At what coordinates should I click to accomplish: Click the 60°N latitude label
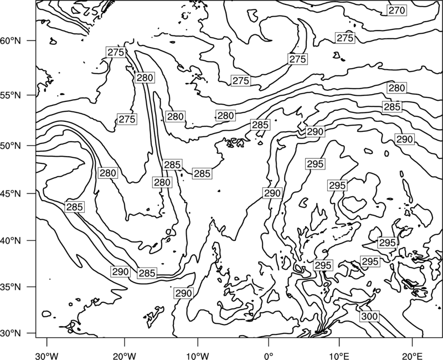11,40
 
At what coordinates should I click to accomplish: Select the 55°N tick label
11,95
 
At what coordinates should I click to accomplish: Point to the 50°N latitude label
11,146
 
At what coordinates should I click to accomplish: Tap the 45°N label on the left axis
11,193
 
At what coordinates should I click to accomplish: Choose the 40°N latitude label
11,241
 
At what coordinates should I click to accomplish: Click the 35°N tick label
11,287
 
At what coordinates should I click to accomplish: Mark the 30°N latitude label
11,333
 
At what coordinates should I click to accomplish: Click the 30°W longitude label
47,356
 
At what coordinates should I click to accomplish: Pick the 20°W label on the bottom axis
124,356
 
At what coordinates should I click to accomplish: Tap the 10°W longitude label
198,356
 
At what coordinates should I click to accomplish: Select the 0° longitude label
269,356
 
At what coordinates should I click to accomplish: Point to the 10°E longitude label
339,356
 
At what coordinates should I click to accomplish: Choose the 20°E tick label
412,356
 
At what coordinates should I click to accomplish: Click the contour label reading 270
396,11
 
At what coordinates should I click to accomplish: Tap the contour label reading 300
369,316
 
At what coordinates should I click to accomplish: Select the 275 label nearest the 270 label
345,38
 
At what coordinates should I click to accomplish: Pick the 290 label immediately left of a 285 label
120,272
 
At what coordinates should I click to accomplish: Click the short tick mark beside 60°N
32,40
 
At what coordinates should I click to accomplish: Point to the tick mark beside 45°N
32,193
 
